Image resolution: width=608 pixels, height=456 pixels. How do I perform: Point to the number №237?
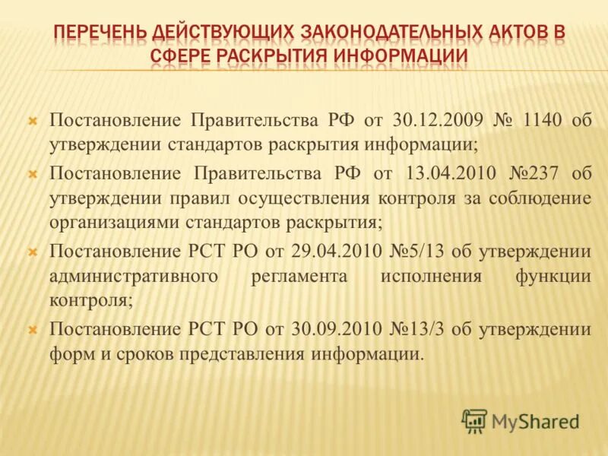pyautogui.click(x=532, y=173)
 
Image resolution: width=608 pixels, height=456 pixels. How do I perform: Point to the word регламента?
pyautogui.click(x=299, y=277)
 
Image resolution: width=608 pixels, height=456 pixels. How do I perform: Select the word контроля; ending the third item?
pyautogui.click(x=91, y=300)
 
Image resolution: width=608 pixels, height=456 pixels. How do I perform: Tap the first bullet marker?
pyautogui.click(x=33, y=121)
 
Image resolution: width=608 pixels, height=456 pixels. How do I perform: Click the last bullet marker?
pyautogui.click(x=33, y=329)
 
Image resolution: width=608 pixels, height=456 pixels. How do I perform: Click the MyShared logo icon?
pyautogui.click(x=474, y=420)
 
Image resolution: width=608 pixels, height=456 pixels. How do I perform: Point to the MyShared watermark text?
pyautogui.click(x=535, y=421)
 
